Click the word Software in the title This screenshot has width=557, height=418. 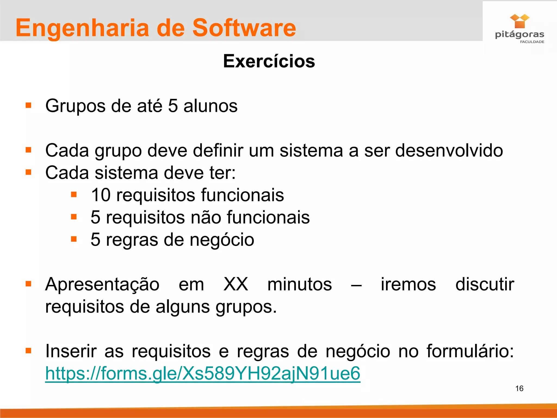click(x=244, y=28)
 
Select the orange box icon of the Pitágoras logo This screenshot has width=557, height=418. click(x=519, y=21)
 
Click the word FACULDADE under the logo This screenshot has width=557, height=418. click(x=532, y=42)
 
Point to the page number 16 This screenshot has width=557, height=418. click(x=519, y=388)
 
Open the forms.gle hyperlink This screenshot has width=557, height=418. click(x=203, y=373)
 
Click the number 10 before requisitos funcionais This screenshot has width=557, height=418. click(x=101, y=195)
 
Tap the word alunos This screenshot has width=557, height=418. click(x=210, y=106)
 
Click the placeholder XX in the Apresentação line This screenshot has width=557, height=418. click(x=236, y=284)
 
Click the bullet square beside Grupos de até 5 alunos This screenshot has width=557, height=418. click(x=28, y=105)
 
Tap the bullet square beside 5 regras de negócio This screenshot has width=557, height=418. click(x=74, y=239)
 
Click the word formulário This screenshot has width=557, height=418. click(x=470, y=351)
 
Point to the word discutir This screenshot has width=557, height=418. click(x=485, y=284)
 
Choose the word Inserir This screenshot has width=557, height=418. click(x=71, y=351)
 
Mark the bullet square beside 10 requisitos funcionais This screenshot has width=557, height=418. click(x=74, y=195)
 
